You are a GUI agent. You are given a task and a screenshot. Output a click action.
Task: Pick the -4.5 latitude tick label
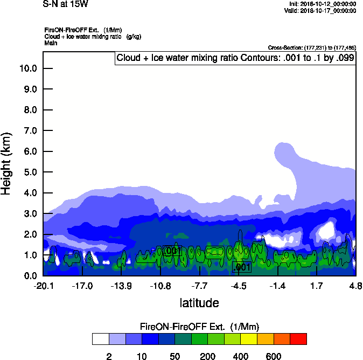pyautogui.click(x=239, y=286)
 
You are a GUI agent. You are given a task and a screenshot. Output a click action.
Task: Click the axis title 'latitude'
pyautogui.click(x=199, y=303)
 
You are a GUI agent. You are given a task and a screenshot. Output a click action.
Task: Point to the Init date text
pyautogui.click(x=323, y=4)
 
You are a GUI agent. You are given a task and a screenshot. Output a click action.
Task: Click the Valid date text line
pyautogui.click(x=322, y=10)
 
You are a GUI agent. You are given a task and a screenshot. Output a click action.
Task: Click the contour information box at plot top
pyautogui.click(x=235, y=58)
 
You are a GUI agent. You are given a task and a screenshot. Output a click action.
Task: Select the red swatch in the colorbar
pyautogui.click(x=298, y=339)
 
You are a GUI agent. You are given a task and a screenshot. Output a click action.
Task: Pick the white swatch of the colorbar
pyautogui.click(x=100, y=339)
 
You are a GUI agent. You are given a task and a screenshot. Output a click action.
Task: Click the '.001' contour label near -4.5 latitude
pyautogui.click(x=241, y=267)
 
